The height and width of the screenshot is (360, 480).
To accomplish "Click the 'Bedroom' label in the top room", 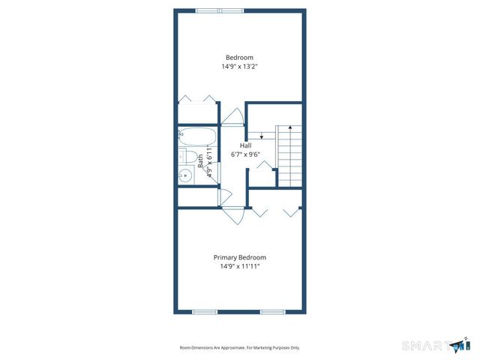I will point(239,58).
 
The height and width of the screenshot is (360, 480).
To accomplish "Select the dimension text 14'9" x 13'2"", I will point(239,67).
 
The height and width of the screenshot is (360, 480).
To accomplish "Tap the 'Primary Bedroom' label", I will point(239,257).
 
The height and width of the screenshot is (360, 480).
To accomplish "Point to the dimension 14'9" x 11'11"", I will point(239,266).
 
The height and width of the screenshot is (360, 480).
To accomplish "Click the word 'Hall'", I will point(245,145).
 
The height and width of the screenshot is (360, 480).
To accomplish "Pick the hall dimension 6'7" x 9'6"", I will point(245,154).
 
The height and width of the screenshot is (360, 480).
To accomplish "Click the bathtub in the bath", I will point(197,137).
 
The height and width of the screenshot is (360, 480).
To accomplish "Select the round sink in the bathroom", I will point(185,176).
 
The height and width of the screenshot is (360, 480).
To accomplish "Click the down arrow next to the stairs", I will point(260,135).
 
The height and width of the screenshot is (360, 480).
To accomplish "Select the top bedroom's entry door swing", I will point(232,116).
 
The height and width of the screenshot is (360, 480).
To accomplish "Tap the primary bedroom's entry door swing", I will point(234,214).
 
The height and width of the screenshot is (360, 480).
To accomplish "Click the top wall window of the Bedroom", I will point(220,10).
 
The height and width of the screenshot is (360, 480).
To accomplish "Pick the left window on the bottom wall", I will point(205,311).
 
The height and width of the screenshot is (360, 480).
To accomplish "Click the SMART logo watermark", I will point(435,345).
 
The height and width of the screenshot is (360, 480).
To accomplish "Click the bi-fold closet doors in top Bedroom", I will point(197,99).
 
